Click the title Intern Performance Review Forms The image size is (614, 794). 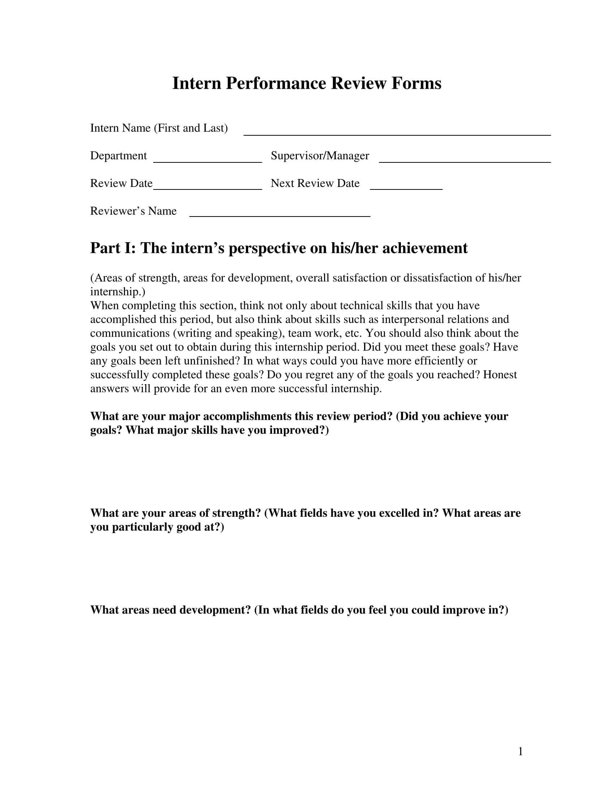(x=307, y=83)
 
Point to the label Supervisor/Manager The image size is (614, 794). (x=320, y=156)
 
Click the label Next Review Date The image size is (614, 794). (x=315, y=183)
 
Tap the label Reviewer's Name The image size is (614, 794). (x=133, y=211)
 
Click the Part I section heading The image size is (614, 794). (x=278, y=248)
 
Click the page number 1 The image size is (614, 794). (x=520, y=751)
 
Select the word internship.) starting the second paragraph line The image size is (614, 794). (x=117, y=292)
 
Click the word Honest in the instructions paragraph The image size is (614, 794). (x=500, y=375)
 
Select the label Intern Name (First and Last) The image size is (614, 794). (x=159, y=128)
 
